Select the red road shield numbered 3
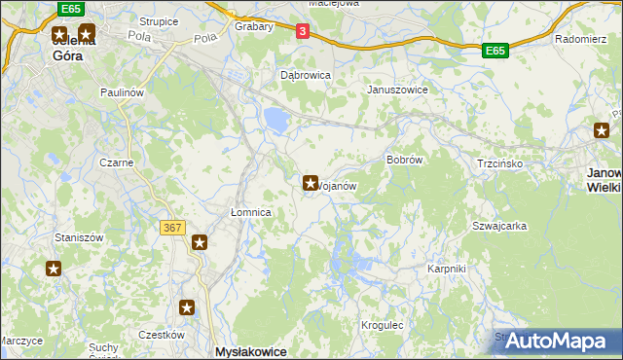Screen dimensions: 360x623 tap(303, 32)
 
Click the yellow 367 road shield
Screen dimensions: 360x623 tap(171, 228)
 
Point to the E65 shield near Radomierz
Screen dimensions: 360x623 tap(495, 50)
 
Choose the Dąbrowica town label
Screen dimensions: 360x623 tap(306, 74)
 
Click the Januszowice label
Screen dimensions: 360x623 tap(397, 90)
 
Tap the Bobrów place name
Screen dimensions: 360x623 tap(403, 159)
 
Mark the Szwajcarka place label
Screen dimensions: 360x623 tap(499, 226)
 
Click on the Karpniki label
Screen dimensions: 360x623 tap(448, 268)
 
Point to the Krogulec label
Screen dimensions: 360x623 tap(382, 325)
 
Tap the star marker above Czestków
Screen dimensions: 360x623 tap(188, 308)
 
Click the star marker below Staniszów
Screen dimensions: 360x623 tap(54, 269)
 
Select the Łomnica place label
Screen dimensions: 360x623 tap(249, 212)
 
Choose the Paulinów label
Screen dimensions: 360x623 tap(122, 91)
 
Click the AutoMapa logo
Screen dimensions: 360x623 tap(560, 341)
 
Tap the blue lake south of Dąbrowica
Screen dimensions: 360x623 tap(275, 120)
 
